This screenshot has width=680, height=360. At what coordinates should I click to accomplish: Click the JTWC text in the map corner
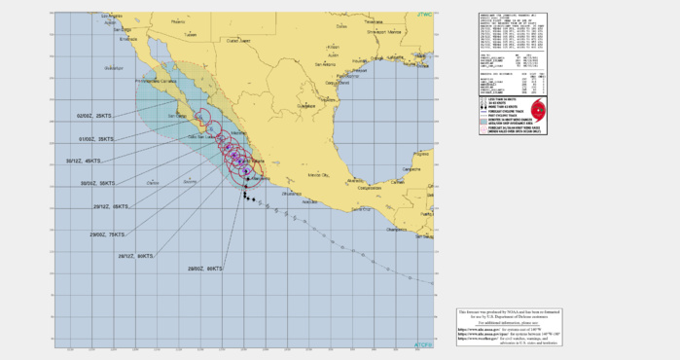pyautogui.click(x=424, y=16)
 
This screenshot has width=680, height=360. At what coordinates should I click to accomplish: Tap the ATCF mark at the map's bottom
pyautogui.click(x=423, y=342)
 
